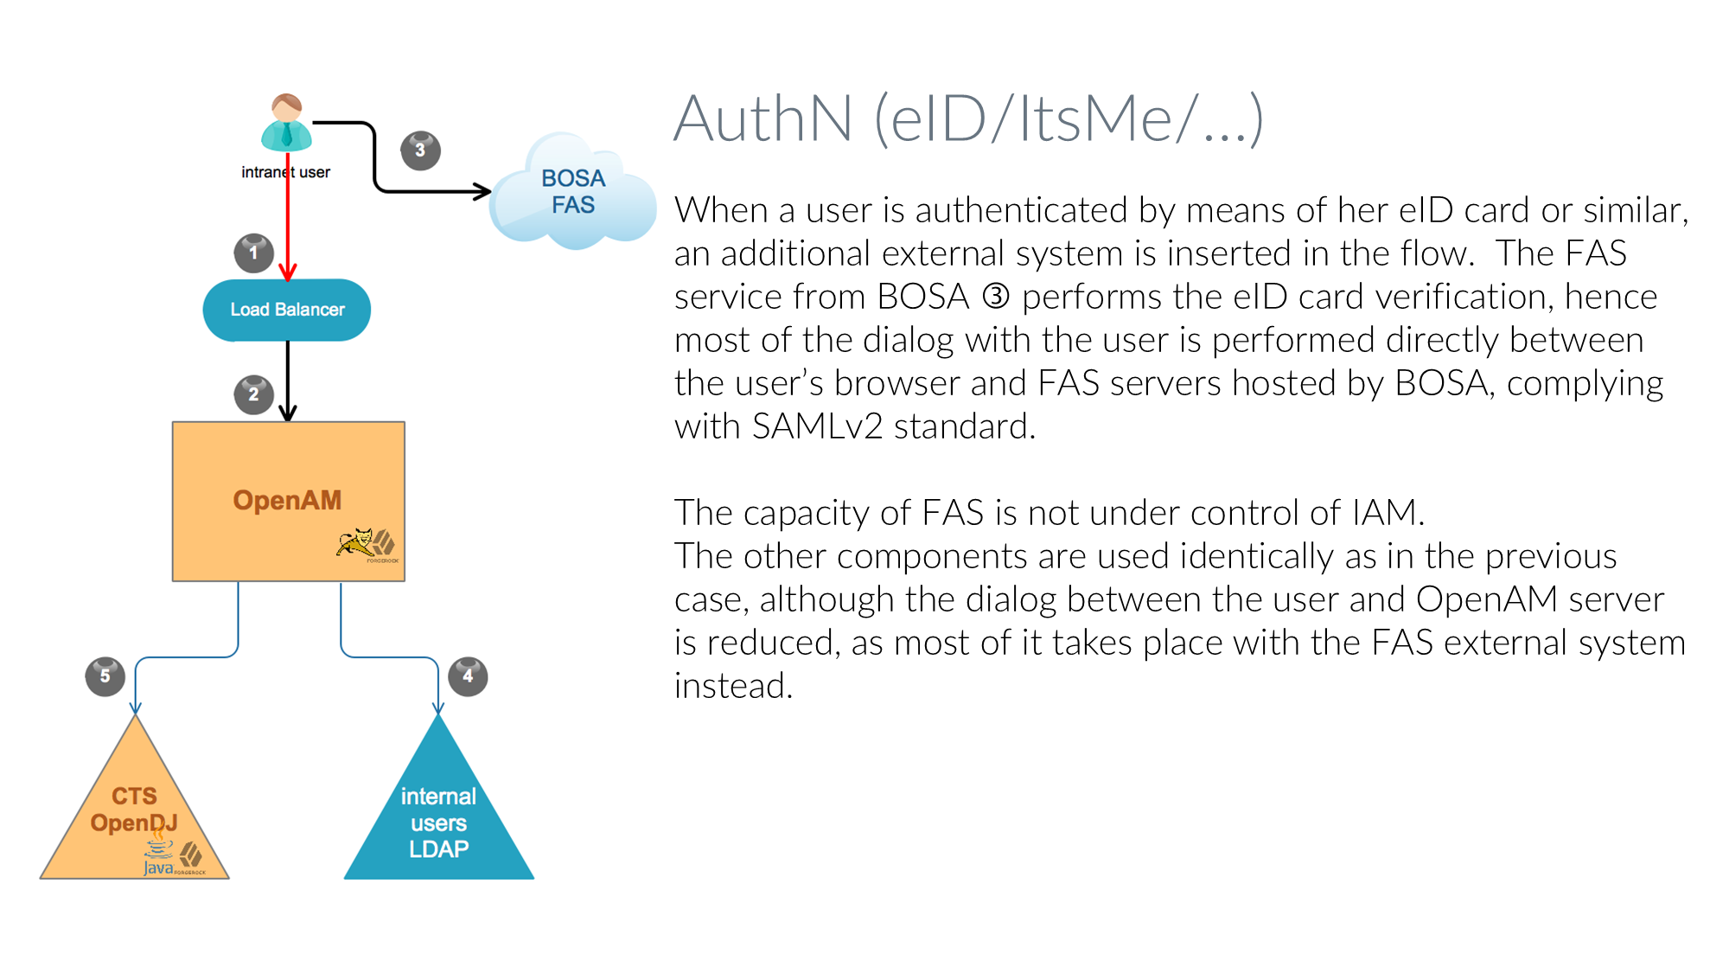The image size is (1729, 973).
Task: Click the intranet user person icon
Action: (x=286, y=123)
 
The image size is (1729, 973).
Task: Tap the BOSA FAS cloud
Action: (x=572, y=192)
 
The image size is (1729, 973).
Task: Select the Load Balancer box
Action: (x=287, y=310)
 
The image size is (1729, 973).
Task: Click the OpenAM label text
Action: (x=287, y=500)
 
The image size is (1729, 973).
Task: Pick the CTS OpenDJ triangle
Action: (x=135, y=813)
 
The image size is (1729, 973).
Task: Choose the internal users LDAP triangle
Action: (x=438, y=817)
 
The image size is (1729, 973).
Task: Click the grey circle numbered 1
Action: (x=253, y=253)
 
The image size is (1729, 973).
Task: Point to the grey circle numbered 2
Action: (x=253, y=394)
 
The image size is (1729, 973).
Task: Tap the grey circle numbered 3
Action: (x=420, y=150)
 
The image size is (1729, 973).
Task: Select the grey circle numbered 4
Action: (x=468, y=675)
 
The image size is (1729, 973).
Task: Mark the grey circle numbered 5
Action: (x=105, y=675)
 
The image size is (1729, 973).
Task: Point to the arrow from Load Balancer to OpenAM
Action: (x=288, y=381)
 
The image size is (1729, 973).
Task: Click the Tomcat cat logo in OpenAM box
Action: (x=355, y=542)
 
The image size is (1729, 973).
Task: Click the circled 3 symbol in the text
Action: (x=996, y=297)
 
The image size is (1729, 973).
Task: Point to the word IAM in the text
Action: (x=1385, y=513)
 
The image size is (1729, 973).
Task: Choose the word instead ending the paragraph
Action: (x=732, y=686)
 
